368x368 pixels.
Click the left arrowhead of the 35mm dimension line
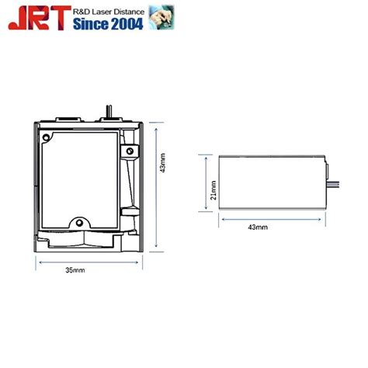coord(40,262)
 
